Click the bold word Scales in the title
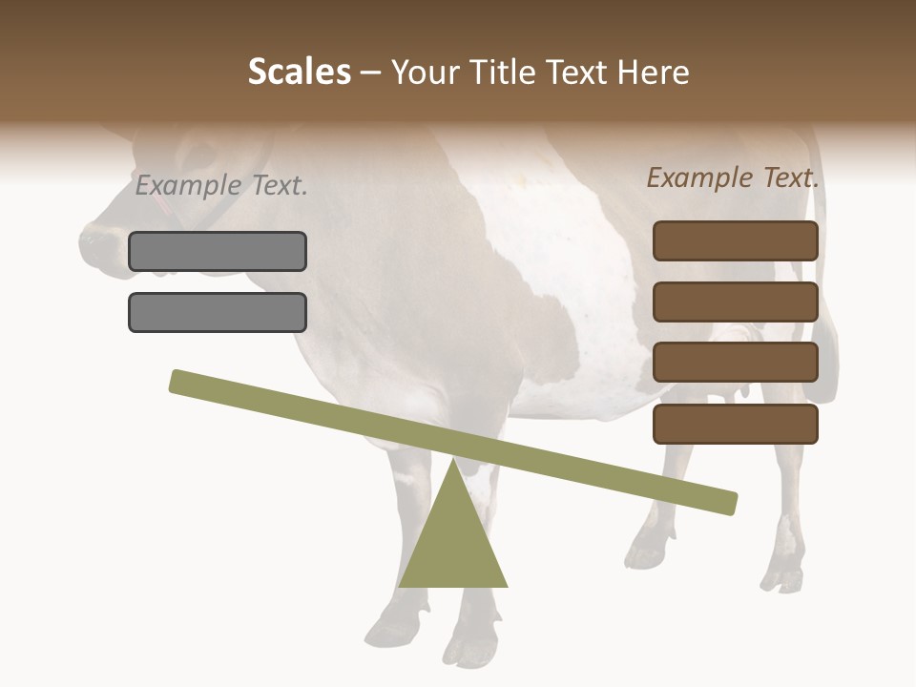point(300,72)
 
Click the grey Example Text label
point(221,186)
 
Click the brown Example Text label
point(733,177)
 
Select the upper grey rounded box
point(218,251)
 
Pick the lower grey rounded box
point(218,312)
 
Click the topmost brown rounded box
point(736,240)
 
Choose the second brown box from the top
point(736,302)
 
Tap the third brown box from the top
point(736,363)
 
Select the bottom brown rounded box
point(736,424)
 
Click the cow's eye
point(202,153)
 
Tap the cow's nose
point(95,243)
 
